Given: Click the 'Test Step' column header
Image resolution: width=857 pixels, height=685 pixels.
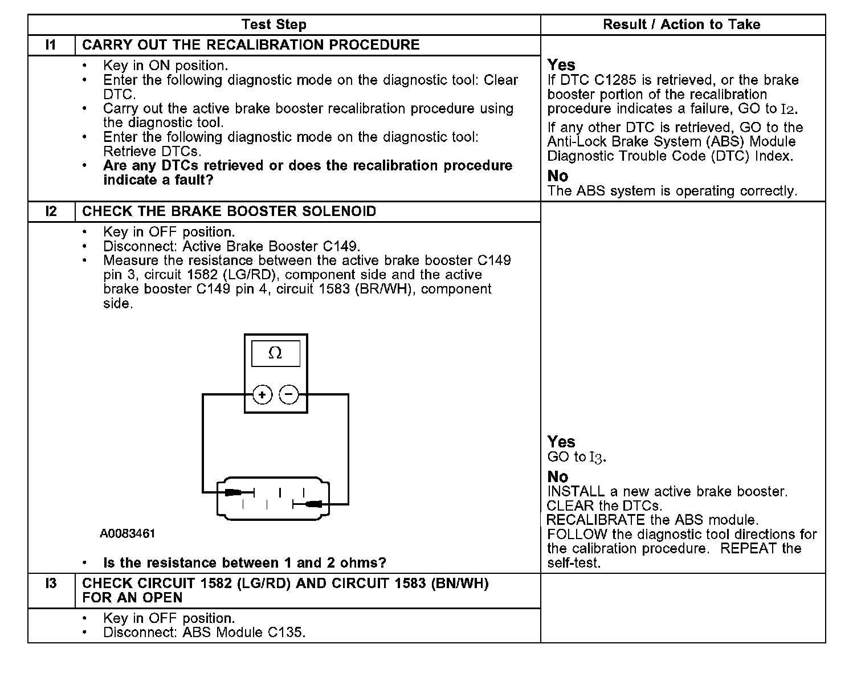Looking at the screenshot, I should tap(274, 25).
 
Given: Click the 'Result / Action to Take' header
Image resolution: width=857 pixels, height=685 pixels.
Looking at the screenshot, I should tap(681, 25).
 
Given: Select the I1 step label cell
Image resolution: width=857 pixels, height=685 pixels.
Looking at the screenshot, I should tap(51, 45).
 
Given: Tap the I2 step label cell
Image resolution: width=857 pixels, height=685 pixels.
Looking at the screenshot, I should tap(51, 211).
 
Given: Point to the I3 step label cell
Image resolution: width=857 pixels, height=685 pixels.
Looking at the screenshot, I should tap(51, 584).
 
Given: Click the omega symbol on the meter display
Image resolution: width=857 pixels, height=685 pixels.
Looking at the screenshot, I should tap(275, 354).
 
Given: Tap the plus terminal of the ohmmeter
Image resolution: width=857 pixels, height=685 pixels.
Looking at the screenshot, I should tap(262, 394).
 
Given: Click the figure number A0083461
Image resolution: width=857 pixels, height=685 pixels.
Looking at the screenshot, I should tap(128, 534).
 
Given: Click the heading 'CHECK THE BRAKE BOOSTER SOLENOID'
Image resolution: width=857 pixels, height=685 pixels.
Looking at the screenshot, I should tap(229, 211).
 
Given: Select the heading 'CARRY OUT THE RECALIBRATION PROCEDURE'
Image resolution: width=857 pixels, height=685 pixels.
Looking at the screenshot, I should tap(251, 45).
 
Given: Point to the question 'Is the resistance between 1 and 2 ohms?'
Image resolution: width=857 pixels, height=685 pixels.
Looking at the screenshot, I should tap(244, 563).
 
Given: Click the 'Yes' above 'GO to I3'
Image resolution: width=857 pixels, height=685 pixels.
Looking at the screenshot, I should tap(561, 442).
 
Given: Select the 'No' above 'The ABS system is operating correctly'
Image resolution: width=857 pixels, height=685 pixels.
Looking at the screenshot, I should tap(557, 176).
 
